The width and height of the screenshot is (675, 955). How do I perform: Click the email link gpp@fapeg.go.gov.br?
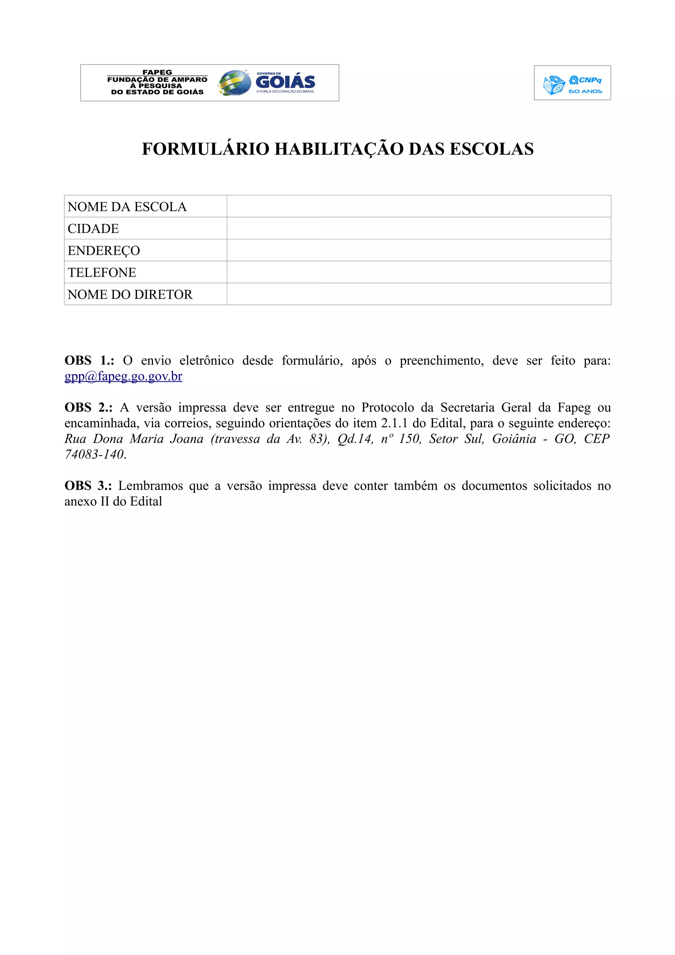tap(123, 376)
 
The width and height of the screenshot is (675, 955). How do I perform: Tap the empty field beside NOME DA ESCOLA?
tap(418, 206)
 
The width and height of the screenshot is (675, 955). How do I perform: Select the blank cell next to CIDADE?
tap(418, 228)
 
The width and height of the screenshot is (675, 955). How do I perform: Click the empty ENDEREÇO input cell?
tap(418, 250)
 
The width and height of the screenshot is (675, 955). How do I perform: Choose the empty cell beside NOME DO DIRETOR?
tap(418, 294)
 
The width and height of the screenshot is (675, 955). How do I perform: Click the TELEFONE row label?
tap(102, 273)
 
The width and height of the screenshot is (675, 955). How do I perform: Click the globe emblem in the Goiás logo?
tap(234, 83)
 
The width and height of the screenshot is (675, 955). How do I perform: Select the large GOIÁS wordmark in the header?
tap(285, 82)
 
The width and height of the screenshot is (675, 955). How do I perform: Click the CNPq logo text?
tap(589, 80)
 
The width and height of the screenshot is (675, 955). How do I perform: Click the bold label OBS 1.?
tap(89, 360)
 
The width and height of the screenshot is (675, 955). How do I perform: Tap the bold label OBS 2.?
tap(88, 407)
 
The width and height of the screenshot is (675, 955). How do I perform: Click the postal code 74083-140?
tap(94, 454)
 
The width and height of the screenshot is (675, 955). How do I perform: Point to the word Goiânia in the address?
tap(514, 439)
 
